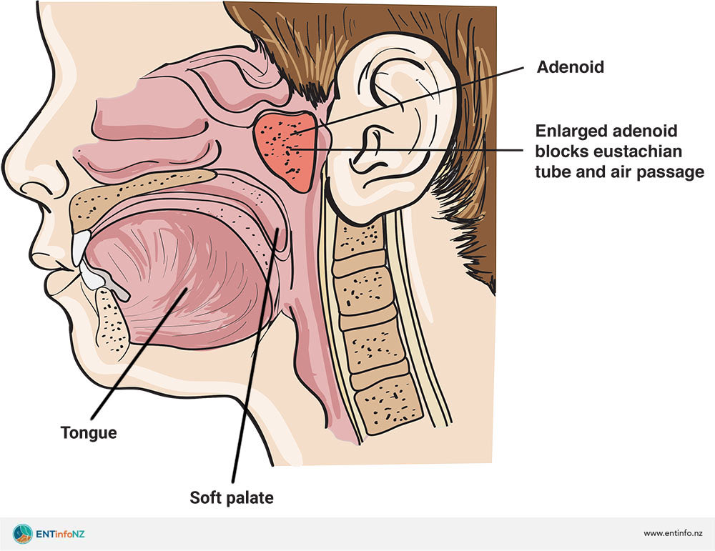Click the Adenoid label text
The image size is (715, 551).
pyautogui.click(x=570, y=68)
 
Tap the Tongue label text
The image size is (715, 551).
pyautogui.click(x=89, y=432)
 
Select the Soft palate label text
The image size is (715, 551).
pyautogui.click(x=231, y=497)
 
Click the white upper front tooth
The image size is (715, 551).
pyautogui.click(x=81, y=247)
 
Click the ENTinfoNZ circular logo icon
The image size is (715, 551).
pyautogui.click(x=22, y=533)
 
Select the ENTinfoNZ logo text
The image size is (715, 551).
pyautogui.click(x=60, y=534)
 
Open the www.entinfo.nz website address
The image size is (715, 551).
pyautogui.click(x=673, y=534)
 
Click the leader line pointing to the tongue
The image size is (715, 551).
pyautogui.click(x=136, y=357)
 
